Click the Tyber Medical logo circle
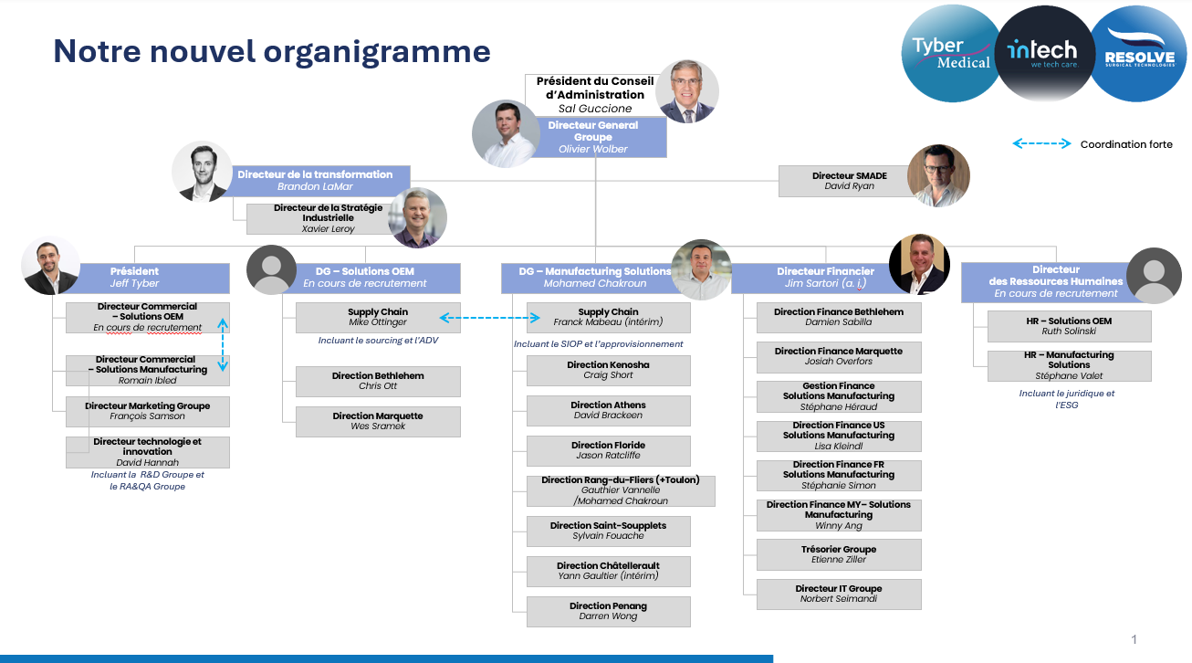pos(949,53)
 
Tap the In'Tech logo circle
pos(1043,53)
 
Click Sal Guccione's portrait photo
pos(687,91)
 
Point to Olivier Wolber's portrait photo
pos(506,133)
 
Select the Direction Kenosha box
pos(608,370)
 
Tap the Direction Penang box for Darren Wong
pos(608,611)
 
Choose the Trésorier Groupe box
pos(838,554)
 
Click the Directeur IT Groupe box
pos(838,594)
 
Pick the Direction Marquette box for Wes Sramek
pos(377,421)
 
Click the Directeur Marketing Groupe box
pos(147,411)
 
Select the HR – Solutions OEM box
pos(1068,326)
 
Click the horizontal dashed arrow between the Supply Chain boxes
pos(491,318)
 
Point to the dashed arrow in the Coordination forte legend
pos(1041,143)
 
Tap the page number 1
pos(1134,639)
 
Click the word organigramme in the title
pos(377,51)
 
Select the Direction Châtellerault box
pos(608,571)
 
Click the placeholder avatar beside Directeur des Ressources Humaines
pos(1154,275)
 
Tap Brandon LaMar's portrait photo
pos(202,171)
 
